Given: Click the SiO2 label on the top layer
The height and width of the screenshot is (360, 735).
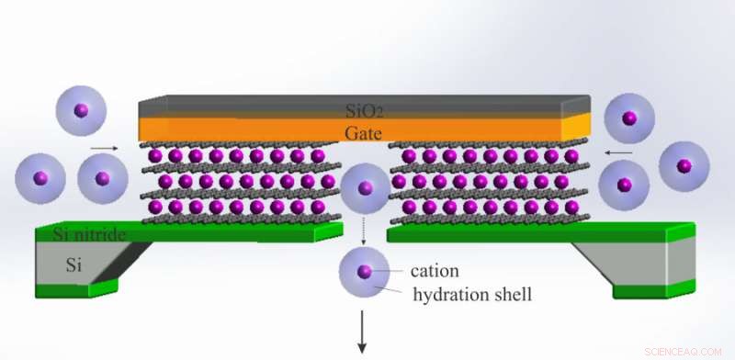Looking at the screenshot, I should click(x=365, y=111).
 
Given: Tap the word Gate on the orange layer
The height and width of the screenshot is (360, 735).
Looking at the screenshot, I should click(x=364, y=133).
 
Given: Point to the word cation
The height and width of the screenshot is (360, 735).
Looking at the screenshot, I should click(x=435, y=271).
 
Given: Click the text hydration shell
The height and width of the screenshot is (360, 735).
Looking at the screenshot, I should click(x=471, y=295).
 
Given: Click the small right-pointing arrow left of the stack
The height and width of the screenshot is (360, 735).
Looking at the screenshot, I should click(x=105, y=147).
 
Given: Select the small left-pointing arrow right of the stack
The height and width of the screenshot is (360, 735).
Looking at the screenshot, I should click(x=618, y=152).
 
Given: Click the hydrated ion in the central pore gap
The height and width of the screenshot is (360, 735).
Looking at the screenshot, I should click(x=364, y=188).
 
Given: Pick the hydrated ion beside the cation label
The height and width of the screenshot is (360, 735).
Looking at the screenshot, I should click(x=364, y=272).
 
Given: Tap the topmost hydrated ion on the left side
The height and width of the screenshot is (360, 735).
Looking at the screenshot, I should click(x=81, y=111).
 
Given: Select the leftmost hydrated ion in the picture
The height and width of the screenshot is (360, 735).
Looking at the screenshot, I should click(x=39, y=177).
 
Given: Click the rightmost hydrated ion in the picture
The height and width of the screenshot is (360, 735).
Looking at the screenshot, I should click(x=684, y=166).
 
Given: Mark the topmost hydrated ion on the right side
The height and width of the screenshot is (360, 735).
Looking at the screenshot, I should click(x=629, y=119).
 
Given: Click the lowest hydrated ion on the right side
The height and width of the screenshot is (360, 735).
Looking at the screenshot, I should click(x=624, y=186).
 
